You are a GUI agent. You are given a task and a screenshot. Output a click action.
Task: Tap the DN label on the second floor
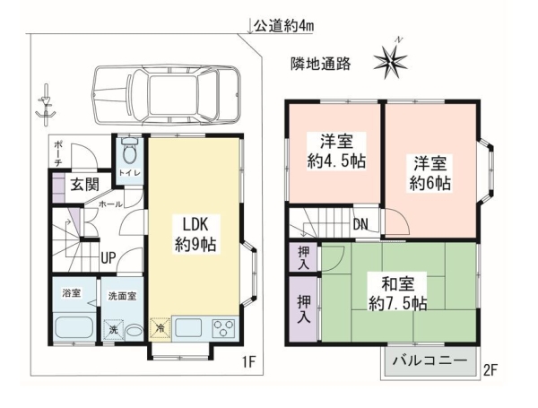(x=360, y=224)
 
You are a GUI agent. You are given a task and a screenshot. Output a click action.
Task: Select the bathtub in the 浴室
(x=73, y=329)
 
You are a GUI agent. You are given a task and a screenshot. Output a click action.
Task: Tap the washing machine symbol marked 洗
(x=113, y=330)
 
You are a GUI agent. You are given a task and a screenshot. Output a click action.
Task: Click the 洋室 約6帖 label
(x=430, y=173)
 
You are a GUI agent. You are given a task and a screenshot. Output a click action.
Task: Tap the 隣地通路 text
(x=320, y=64)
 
